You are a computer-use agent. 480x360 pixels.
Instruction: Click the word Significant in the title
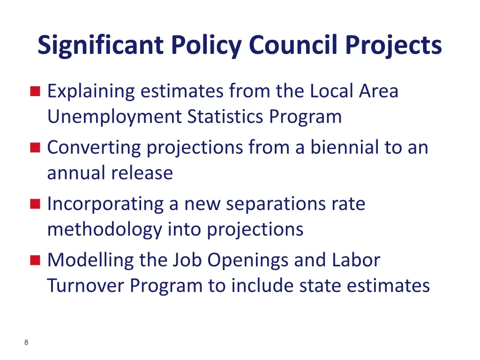(100, 45)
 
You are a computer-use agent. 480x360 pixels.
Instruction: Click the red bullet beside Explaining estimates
(35, 91)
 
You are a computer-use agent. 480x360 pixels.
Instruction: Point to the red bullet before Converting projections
(35, 148)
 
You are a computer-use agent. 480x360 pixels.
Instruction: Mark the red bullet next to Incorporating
(35, 204)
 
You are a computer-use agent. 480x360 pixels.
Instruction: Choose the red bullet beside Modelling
(35, 260)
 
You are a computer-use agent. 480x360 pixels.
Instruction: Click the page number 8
(26, 343)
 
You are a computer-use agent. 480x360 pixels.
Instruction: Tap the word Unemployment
(114, 117)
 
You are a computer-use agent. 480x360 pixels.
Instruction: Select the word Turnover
(85, 285)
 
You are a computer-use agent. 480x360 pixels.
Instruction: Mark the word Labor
(358, 260)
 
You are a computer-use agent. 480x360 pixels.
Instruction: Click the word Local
(331, 91)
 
